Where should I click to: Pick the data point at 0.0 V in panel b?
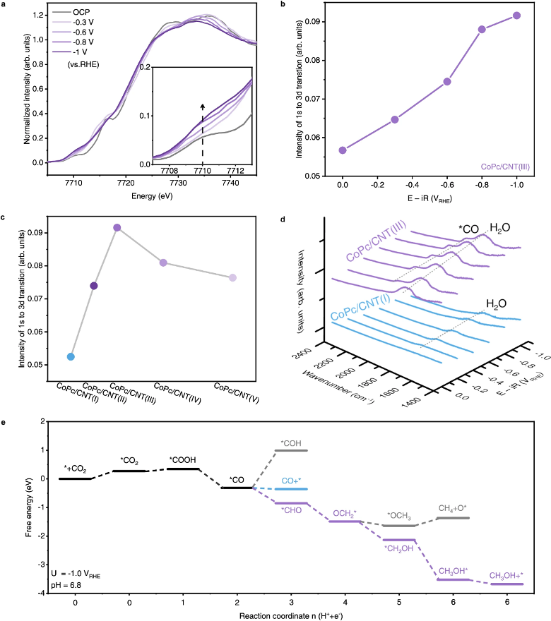[343, 150]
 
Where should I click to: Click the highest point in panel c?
[117, 227]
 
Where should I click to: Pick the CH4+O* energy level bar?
[453, 517]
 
